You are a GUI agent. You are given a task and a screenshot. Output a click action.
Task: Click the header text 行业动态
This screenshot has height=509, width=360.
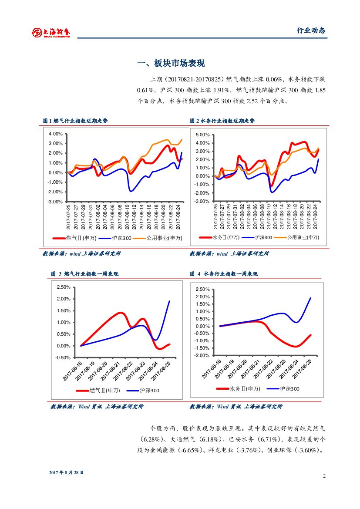[311, 30]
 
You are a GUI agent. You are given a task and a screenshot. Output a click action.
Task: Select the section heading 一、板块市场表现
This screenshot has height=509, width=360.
[171, 64]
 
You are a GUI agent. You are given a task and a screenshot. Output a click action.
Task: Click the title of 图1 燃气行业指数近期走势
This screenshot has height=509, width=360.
[75, 121]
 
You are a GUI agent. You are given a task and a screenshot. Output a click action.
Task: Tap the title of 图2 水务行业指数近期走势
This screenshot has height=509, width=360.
[222, 121]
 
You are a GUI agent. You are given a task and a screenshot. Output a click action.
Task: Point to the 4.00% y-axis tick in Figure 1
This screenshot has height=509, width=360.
[56, 133]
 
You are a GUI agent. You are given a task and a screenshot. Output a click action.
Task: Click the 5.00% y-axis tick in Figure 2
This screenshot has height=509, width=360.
[203, 135]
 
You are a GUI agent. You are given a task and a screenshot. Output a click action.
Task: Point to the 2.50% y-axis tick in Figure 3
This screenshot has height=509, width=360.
[64, 287]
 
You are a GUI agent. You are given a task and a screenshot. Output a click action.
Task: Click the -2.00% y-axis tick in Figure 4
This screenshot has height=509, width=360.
[202, 356]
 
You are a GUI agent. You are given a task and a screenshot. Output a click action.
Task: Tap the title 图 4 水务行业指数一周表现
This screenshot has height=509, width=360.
[224, 274]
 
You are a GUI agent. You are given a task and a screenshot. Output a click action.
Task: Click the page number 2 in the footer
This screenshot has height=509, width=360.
[324, 476]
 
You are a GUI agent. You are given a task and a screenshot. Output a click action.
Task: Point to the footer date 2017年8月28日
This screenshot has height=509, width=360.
[67, 472]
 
